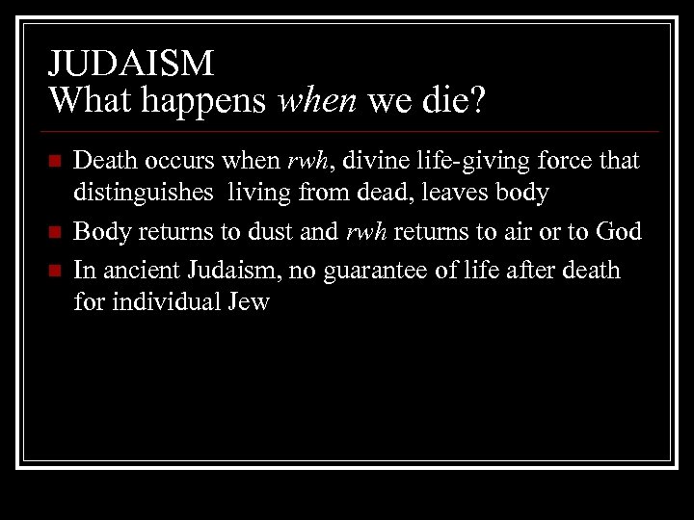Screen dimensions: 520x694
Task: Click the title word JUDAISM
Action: click(131, 64)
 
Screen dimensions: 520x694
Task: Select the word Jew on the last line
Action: click(248, 303)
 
